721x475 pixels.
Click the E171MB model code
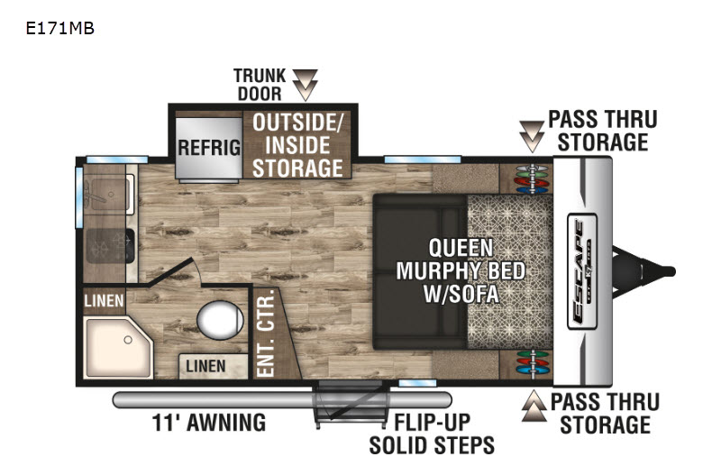pyautogui.click(x=59, y=29)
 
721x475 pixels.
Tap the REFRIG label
pyautogui.click(x=209, y=148)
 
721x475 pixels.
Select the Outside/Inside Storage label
pyautogui.click(x=297, y=145)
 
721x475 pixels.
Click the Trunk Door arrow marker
pyautogui.click(x=306, y=85)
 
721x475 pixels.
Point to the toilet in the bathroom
pyautogui.click(x=220, y=320)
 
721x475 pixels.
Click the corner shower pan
pyautogui.click(x=119, y=347)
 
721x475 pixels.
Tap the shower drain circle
pyautogui.click(x=128, y=341)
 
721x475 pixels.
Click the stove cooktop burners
pyautogui.click(x=110, y=247)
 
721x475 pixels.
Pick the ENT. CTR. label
pyautogui.click(x=265, y=334)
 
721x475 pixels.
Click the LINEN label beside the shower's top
pyautogui.click(x=104, y=301)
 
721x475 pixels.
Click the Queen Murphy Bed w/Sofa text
pyautogui.click(x=461, y=270)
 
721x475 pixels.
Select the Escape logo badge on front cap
pyautogui.click(x=582, y=271)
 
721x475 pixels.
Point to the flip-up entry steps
pyautogui.click(x=351, y=405)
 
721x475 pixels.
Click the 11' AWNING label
pyautogui.click(x=209, y=423)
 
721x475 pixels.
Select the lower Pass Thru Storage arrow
pyautogui.click(x=534, y=406)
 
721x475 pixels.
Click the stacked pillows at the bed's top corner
pyautogui.click(x=532, y=178)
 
